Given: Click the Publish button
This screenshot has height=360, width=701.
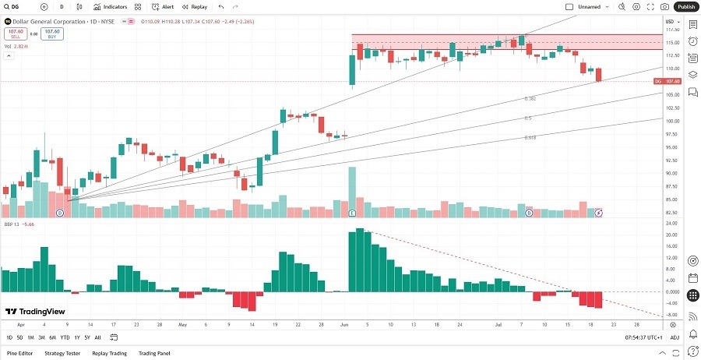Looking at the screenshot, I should [685, 6].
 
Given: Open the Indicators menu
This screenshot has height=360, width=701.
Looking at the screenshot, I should [111, 6].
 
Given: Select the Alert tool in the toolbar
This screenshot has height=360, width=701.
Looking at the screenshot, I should [164, 6].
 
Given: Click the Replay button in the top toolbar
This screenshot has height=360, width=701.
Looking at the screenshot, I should [196, 6].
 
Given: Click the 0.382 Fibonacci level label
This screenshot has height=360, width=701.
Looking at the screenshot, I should [530, 99].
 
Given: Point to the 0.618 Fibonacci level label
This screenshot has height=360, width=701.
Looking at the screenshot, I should [530, 137].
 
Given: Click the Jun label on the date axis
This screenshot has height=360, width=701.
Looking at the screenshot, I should [344, 324].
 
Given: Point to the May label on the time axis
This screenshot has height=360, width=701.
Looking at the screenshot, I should [183, 324].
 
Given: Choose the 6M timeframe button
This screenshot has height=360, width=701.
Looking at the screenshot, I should [52, 337].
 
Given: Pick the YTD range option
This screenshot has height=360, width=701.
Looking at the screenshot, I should [65, 337].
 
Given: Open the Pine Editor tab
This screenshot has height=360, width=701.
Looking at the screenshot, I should [20, 353].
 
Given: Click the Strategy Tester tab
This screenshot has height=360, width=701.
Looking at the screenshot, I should [63, 353].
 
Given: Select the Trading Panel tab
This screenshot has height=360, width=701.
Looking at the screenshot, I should [154, 353].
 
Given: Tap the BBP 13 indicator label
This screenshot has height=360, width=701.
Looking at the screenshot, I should [12, 222].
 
